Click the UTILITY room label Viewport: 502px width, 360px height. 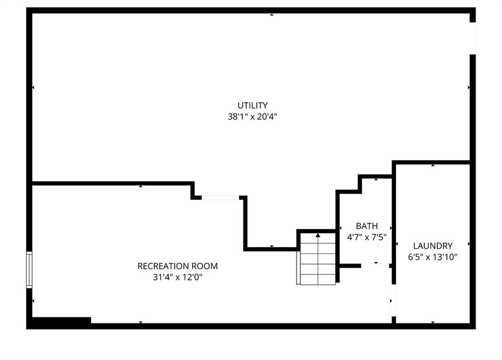click(x=252, y=105)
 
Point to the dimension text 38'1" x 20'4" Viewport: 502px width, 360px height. click(x=252, y=117)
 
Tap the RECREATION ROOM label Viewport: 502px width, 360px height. click(x=177, y=266)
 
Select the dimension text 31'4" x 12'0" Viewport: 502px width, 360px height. click(x=177, y=277)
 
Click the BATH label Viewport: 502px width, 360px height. click(x=367, y=226)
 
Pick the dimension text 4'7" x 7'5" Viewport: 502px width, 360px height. click(x=367, y=237)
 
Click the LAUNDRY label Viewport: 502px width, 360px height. click(x=433, y=246)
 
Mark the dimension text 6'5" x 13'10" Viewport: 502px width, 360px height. click(x=433, y=257)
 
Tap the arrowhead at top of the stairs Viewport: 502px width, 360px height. click(x=318, y=235)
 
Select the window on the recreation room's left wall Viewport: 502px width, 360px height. click(x=29, y=270)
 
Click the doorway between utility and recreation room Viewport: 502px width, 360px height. click(x=220, y=198)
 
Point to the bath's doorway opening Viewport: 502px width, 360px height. click(x=375, y=266)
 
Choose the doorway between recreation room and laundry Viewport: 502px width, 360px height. click(x=394, y=301)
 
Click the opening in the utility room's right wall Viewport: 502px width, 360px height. click(x=473, y=38)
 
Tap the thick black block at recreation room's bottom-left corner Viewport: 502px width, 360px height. click(x=61, y=320)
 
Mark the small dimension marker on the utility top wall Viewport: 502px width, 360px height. click(x=272, y=15)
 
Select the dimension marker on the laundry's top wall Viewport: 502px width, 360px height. click(x=433, y=165)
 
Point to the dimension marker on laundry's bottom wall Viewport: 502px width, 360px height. click(x=433, y=322)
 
